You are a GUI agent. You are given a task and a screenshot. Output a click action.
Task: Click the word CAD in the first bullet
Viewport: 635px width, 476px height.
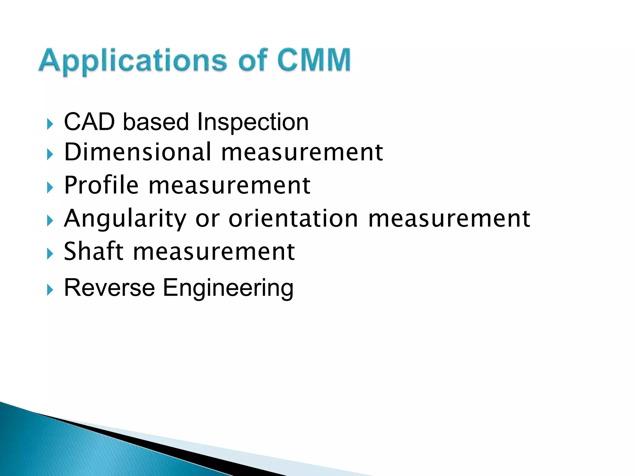[x=89, y=122]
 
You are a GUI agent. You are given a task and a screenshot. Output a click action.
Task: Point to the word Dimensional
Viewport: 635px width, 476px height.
[x=138, y=152]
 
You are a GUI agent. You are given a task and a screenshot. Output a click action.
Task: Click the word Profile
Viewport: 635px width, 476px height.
[x=101, y=185]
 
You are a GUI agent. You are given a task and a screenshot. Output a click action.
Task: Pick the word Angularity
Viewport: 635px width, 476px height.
[x=125, y=219]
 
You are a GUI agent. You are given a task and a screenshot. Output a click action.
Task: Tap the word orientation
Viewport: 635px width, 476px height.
[x=293, y=218]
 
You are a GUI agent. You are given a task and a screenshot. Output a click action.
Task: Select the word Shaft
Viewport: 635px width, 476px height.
[x=93, y=251]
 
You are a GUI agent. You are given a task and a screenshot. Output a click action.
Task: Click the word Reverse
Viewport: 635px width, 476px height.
[x=109, y=288]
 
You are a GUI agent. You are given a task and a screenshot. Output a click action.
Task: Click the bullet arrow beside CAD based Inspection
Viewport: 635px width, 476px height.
[x=50, y=124]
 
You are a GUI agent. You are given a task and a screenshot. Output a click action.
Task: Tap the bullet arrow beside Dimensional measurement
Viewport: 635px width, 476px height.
[x=50, y=154]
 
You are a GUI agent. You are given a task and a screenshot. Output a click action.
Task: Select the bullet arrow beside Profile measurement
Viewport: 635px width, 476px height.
[x=50, y=187]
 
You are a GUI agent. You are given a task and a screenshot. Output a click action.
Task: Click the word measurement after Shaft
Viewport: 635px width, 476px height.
[x=214, y=252]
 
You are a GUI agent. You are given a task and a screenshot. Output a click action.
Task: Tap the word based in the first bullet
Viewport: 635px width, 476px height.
[x=156, y=122]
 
